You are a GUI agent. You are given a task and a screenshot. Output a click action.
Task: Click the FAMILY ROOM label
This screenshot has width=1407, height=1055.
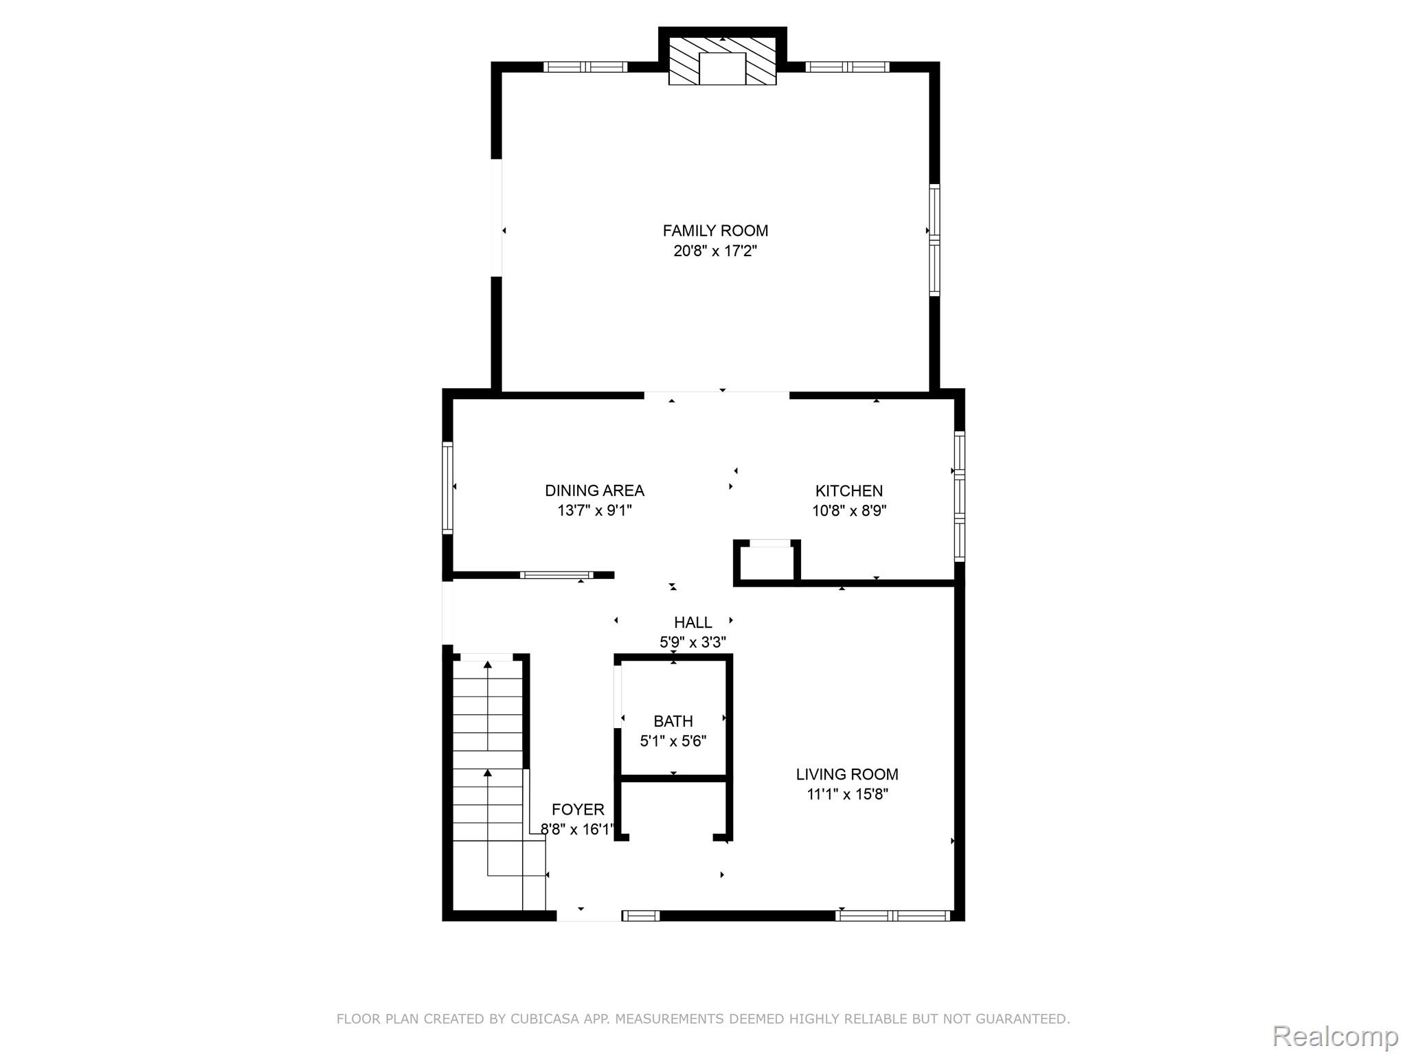pyautogui.click(x=715, y=231)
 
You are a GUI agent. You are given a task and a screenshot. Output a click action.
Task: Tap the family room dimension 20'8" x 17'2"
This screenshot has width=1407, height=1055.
pyautogui.click(x=715, y=251)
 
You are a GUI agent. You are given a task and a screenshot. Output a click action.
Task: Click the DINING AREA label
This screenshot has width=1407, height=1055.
pyautogui.click(x=594, y=490)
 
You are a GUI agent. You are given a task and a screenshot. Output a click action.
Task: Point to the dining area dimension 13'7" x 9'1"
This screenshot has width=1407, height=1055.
pyautogui.click(x=594, y=510)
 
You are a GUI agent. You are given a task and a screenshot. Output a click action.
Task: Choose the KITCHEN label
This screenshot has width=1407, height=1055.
pyautogui.click(x=848, y=490)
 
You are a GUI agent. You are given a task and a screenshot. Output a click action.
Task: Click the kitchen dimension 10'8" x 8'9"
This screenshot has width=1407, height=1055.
pyautogui.click(x=848, y=510)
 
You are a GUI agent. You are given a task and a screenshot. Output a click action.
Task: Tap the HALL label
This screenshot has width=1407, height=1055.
pyautogui.click(x=693, y=622)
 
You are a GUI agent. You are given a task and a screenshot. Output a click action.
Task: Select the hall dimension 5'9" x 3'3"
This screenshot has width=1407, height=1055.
pyautogui.click(x=693, y=642)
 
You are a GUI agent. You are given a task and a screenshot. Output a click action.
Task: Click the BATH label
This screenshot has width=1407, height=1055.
pyautogui.click(x=673, y=721)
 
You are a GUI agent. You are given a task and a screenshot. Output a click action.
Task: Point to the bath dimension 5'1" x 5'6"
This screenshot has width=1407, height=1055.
pyautogui.click(x=673, y=741)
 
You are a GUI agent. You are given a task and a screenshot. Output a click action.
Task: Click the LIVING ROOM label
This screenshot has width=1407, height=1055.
pyautogui.click(x=846, y=774)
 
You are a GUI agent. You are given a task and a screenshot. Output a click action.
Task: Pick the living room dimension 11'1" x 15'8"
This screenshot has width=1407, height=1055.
pyautogui.click(x=847, y=794)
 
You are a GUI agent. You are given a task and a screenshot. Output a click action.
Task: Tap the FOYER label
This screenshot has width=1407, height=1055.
pyautogui.click(x=578, y=809)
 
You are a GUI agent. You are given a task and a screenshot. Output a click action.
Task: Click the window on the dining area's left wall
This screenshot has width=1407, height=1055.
pyautogui.click(x=447, y=488)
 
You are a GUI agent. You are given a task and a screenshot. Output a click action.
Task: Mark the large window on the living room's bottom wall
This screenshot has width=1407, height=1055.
pyautogui.click(x=892, y=915)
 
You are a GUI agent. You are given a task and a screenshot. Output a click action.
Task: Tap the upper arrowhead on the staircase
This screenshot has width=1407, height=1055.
pyautogui.click(x=488, y=664)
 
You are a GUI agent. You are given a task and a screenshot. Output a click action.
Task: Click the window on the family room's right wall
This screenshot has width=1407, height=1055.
pyautogui.click(x=934, y=240)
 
